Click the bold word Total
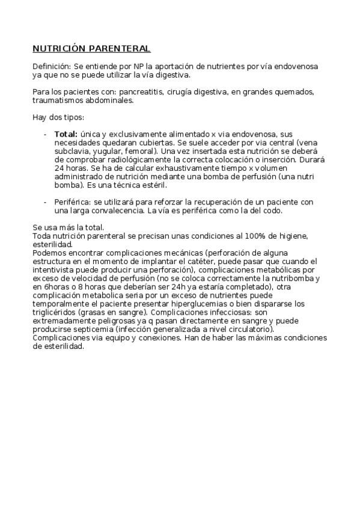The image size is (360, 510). [x=66, y=134]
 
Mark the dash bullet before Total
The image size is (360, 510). [x=46, y=134]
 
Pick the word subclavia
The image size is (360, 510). [x=73, y=152]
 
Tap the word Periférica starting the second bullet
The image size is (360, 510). [x=72, y=202]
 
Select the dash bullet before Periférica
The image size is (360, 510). [x=46, y=202]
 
